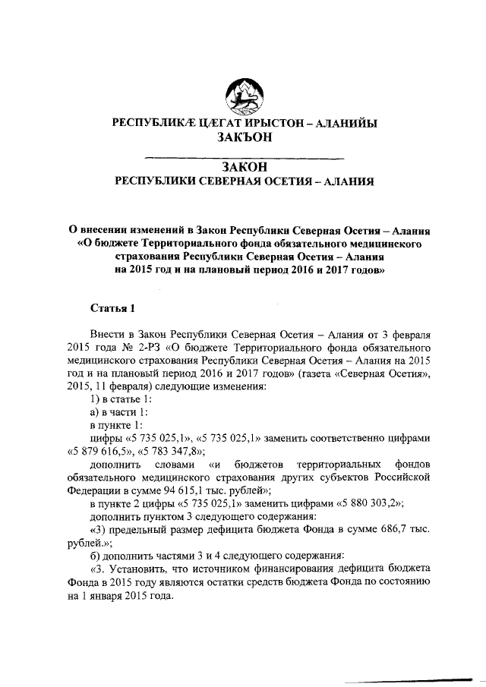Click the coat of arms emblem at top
click(243, 96)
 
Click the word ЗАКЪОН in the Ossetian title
click(243, 137)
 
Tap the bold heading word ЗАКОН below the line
click(243, 167)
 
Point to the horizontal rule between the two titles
click(243, 157)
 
